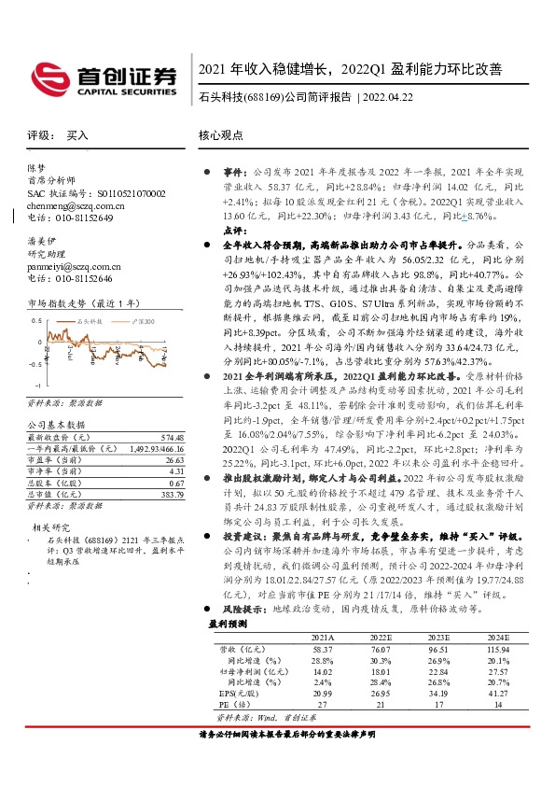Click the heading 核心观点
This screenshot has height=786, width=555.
221,135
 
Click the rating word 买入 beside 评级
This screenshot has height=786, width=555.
77,135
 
